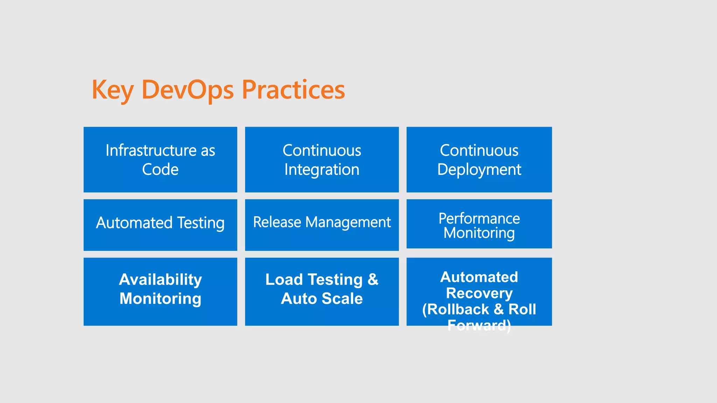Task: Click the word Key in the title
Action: pyautogui.click(x=112, y=90)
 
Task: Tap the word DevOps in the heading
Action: pyautogui.click(x=187, y=90)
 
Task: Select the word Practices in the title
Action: pyautogui.click(x=293, y=90)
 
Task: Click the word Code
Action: pyautogui.click(x=160, y=170)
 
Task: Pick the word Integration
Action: pyautogui.click(x=322, y=170)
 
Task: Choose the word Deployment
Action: pyautogui.click(x=479, y=170)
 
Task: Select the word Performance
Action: pyautogui.click(x=479, y=219)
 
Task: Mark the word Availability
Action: pyautogui.click(x=160, y=280)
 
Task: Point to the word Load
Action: pyautogui.click(x=284, y=280)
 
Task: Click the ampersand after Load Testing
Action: pyautogui.click(x=373, y=280)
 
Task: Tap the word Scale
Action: pyautogui.click(x=342, y=299)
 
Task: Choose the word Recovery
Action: pyautogui.click(x=479, y=293)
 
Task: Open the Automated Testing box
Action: pyautogui.click(x=160, y=225)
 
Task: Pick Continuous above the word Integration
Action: pyautogui.click(x=322, y=150)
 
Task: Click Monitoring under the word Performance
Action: pyautogui.click(x=479, y=233)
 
